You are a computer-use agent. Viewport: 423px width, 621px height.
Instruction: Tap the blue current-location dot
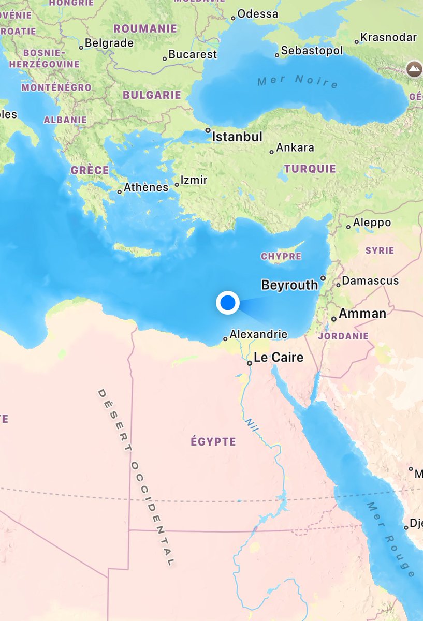[x=227, y=303]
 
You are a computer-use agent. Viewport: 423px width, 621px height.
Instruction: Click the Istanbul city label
[x=238, y=137]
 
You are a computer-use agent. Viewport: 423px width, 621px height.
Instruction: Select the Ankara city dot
[x=271, y=152]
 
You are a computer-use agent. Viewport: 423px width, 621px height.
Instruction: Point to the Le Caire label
[x=279, y=358]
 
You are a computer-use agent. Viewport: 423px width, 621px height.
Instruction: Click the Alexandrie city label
[x=258, y=334]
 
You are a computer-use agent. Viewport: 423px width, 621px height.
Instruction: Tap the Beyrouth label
[x=289, y=285]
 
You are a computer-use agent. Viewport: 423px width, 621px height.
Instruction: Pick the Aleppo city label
[x=372, y=223]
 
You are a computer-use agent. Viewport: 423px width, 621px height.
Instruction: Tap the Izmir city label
[x=194, y=180]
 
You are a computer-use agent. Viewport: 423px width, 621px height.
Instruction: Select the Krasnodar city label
[x=389, y=38]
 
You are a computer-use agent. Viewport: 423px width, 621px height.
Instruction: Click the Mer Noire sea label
[x=297, y=81]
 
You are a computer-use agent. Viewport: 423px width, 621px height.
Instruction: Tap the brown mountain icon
[x=414, y=68]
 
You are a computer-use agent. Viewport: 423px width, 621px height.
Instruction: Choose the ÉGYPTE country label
[x=213, y=442]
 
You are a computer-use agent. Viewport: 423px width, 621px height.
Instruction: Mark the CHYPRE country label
[x=281, y=257]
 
